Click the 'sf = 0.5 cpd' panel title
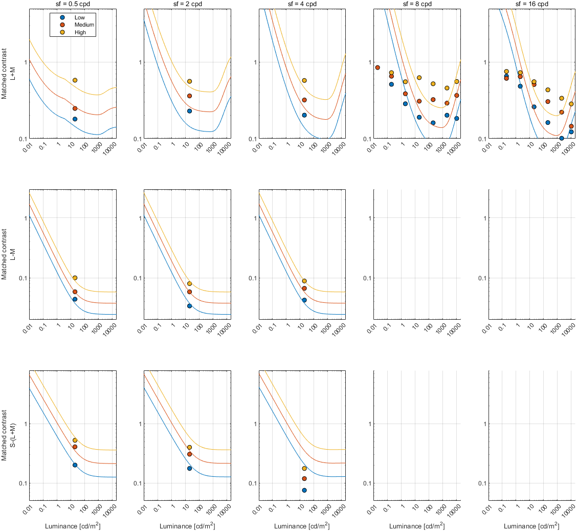(x=73, y=4)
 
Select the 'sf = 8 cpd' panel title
(x=416, y=4)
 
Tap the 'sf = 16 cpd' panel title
(x=532, y=4)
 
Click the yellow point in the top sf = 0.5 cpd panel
(x=75, y=80)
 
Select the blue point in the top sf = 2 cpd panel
(x=189, y=111)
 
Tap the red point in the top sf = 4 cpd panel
(x=304, y=100)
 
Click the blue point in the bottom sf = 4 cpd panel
(x=304, y=490)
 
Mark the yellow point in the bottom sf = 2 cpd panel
(x=189, y=447)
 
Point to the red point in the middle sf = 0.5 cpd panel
(x=75, y=292)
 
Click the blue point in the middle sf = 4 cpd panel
(x=304, y=300)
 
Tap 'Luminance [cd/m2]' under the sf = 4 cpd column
(x=302, y=526)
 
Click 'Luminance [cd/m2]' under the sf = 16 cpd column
(x=531, y=526)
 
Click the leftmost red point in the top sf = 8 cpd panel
(x=378, y=68)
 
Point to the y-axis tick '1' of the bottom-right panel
(x=483, y=424)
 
